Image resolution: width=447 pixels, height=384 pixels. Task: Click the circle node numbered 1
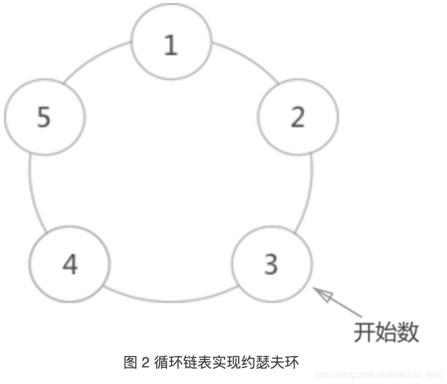pos(171,44)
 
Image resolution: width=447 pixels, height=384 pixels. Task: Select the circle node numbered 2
pos(298,116)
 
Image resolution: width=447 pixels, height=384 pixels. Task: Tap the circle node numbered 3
pos(272,264)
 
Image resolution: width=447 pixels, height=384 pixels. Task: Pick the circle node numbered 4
pos(70,264)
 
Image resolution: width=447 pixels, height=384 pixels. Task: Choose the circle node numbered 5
pos(44,116)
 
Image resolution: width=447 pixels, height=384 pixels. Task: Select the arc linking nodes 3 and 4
pos(171,299)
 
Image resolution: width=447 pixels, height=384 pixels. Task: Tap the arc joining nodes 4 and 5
pos(32,192)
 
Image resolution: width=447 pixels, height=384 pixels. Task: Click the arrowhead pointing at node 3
pos(322,294)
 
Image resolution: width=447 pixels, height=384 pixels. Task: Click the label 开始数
pos(386,332)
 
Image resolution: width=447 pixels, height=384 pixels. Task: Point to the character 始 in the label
pos(386,332)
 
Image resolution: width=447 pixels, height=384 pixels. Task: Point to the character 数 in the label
pos(408,332)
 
